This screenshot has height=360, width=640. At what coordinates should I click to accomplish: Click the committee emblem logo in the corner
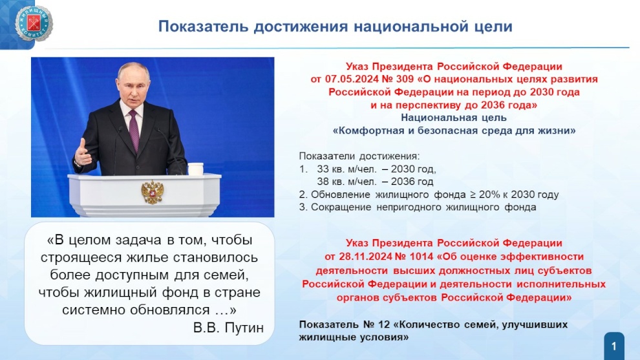coord(34,24)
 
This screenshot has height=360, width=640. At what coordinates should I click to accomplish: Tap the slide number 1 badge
coord(614,346)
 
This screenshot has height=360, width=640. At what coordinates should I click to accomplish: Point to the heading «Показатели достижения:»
coord(359,156)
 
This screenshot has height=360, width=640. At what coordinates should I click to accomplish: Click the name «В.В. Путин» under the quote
coord(228,328)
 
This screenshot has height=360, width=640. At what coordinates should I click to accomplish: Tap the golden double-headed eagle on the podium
coord(153,192)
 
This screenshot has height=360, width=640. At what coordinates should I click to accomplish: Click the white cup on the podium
coord(195,169)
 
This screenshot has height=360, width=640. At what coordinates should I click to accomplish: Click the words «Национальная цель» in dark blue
coord(453,118)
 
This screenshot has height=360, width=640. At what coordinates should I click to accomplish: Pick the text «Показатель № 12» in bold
coord(345,325)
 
